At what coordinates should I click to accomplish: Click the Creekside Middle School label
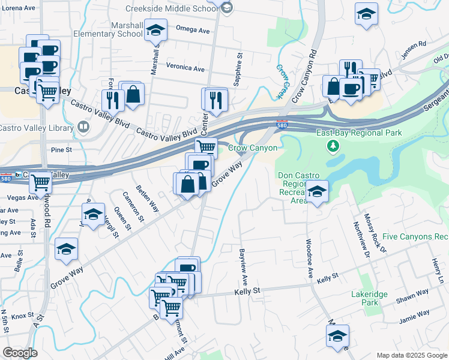pos(172,8)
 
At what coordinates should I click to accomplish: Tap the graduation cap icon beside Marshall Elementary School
pos(155,31)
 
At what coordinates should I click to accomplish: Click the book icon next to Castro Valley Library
pos(83,127)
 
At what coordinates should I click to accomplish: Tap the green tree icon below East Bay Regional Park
pos(331,146)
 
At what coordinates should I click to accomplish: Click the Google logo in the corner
pos(20,353)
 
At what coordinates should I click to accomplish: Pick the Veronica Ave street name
pos(185,67)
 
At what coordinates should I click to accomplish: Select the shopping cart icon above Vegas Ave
pos(41,181)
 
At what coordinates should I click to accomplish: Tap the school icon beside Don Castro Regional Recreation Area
pos(317,192)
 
